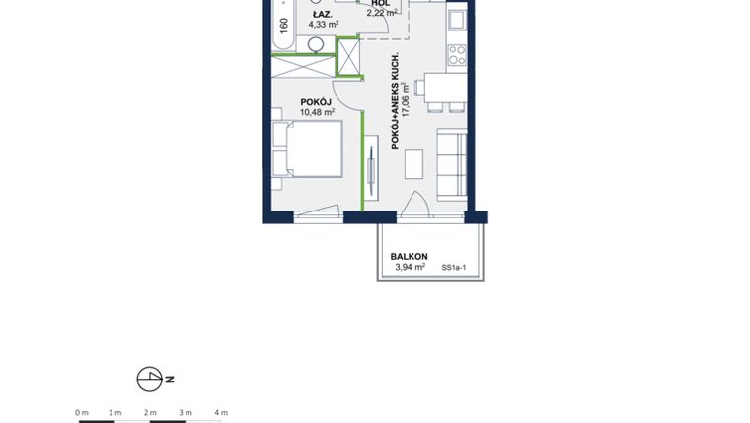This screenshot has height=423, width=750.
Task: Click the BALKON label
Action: (x=409, y=256)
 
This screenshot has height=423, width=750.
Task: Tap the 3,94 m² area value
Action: (x=410, y=267)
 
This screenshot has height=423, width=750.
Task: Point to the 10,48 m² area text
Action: (x=317, y=112)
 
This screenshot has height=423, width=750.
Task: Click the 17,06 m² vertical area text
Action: (x=406, y=99)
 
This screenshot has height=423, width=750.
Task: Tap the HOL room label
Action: (x=381, y=3)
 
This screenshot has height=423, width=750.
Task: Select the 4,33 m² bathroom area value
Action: (x=323, y=25)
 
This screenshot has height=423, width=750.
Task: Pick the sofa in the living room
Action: (x=452, y=162)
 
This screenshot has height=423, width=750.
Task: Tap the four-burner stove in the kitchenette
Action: (x=456, y=55)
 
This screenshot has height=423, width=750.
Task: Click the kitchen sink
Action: (x=456, y=20)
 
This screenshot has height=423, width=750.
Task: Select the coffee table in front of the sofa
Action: (x=413, y=163)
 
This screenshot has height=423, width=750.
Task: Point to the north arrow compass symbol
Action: (x=149, y=379)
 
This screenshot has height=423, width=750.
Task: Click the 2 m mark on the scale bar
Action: (x=150, y=412)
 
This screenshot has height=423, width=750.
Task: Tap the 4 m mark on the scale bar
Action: (x=221, y=412)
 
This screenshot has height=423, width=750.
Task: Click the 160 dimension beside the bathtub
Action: (x=284, y=25)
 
